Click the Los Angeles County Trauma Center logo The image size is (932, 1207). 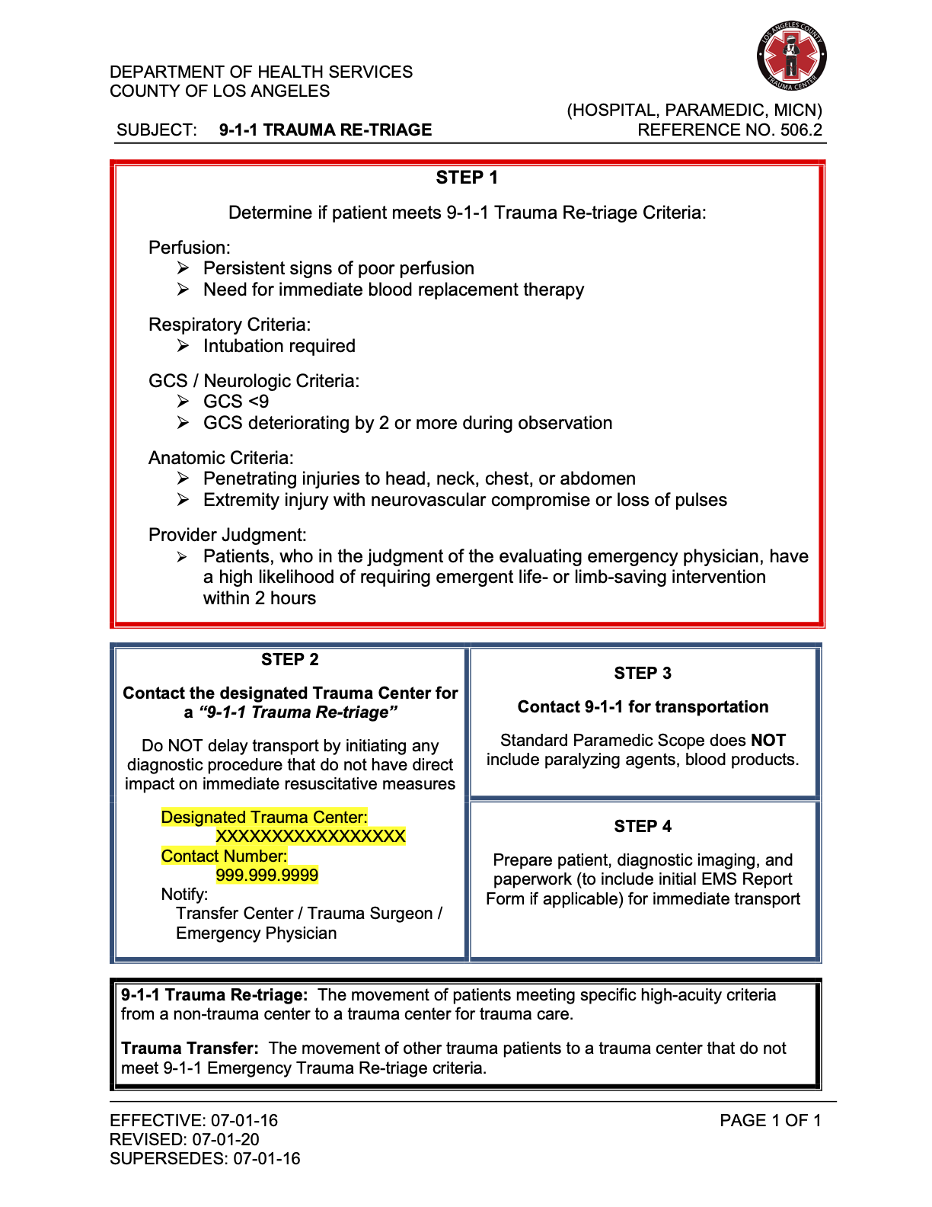pyautogui.click(x=792, y=56)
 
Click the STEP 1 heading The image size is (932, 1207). pyautogui.click(x=467, y=178)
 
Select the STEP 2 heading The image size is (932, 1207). pyautogui.click(x=289, y=660)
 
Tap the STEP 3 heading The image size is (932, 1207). pyautogui.click(x=643, y=674)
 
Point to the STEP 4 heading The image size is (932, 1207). pyautogui.click(x=643, y=827)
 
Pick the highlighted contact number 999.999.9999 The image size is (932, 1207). pyautogui.click(x=267, y=875)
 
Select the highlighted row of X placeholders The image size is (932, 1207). pyautogui.click(x=310, y=837)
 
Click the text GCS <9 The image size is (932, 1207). pyautogui.click(x=236, y=402)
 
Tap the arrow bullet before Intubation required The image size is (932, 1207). pyautogui.click(x=183, y=346)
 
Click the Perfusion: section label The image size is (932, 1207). pyautogui.click(x=189, y=248)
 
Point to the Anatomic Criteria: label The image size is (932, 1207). pyautogui.click(x=221, y=458)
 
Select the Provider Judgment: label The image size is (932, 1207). pyautogui.click(x=227, y=535)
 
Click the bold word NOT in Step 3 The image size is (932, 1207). pyautogui.click(x=768, y=741)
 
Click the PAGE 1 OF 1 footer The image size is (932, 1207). pyautogui.click(x=770, y=1121)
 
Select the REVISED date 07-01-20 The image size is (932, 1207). pyautogui.click(x=225, y=1140)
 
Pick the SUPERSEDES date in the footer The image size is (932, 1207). pyautogui.click(x=267, y=1159)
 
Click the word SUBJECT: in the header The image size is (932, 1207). pyautogui.click(x=157, y=130)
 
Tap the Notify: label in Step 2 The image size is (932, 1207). pyautogui.click(x=184, y=895)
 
